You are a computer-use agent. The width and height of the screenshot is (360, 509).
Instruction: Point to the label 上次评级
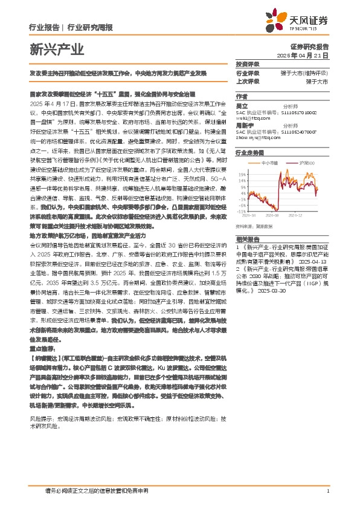point(247,80)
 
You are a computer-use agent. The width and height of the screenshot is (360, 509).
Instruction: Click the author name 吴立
point(241,105)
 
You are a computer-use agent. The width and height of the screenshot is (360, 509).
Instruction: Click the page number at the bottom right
point(327,490)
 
